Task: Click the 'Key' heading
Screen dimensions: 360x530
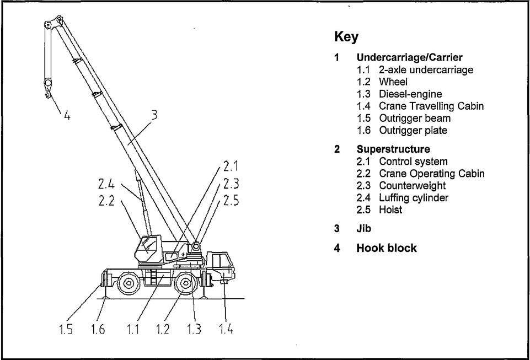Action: pyautogui.click(x=346, y=38)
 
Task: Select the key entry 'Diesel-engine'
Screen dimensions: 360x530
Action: pyautogui.click(x=410, y=94)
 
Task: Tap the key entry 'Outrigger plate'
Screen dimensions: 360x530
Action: pyautogui.click(x=413, y=131)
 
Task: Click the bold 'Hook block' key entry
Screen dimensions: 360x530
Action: pyautogui.click(x=387, y=248)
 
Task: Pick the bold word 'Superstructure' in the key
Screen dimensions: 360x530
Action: pyautogui.click(x=393, y=149)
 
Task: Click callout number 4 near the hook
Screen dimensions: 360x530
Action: pyautogui.click(x=67, y=116)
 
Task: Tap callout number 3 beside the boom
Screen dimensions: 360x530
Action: pyautogui.click(x=154, y=115)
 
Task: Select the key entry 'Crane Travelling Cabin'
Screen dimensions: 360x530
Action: pyautogui.click(x=431, y=106)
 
